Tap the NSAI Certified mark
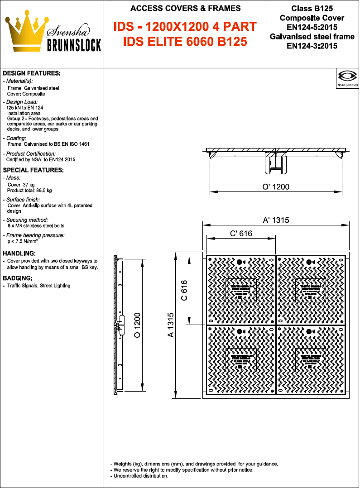[x=347, y=78]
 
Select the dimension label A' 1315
[x=276, y=220]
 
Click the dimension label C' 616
[x=241, y=234]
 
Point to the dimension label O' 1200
[x=276, y=187]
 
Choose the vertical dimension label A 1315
[x=170, y=325]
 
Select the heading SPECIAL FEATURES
[x=33, y=170]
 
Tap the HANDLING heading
[x=19, y=253]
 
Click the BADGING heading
[x=17, y=277]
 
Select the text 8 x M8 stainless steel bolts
[x=36, y=225]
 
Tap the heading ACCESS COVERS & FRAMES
[x=185, y=8]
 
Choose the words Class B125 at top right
[x=312, y=8]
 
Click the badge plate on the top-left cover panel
[x=241, y=290]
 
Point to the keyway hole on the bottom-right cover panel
[x=308, y=331]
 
